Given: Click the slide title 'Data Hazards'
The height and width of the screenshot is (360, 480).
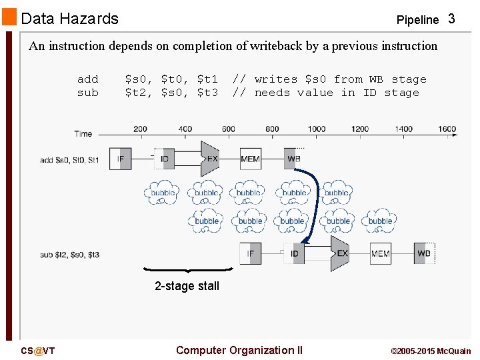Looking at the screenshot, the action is point(69,19).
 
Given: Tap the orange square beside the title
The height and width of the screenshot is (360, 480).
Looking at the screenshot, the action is point(9,16).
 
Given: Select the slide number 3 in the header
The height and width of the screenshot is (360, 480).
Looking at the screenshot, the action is point(451,19).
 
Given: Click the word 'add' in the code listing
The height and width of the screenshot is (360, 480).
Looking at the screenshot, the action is point(87,79).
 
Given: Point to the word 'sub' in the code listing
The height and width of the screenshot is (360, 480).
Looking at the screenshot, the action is point(87,93).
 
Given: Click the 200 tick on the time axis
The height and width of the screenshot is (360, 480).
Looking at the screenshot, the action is point(140,129).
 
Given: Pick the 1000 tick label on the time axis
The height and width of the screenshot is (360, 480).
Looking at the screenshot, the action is point(316,129).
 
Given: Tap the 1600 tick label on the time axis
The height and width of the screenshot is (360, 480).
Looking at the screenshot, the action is point(447,129).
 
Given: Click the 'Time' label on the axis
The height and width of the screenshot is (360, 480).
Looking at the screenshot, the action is point(83,134).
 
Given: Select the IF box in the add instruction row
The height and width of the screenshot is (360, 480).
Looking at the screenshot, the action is point(120,159).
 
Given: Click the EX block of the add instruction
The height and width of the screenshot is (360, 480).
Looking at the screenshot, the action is point(211,159).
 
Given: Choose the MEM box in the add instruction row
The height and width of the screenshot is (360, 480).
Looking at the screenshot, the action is point(250,159).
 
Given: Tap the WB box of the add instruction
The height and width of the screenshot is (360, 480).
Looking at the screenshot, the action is point(293,159).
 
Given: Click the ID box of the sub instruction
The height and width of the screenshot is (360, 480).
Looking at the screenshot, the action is point(294,254).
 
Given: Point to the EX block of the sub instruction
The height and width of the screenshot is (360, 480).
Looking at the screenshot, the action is point(341,254).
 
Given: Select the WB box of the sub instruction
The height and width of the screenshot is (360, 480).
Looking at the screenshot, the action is point(423,254).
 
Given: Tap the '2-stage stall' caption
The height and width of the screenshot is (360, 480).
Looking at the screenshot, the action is point(187,286).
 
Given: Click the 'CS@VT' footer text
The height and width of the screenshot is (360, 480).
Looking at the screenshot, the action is point(37,351).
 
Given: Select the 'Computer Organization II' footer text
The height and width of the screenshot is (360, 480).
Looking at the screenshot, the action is point(239,351).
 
